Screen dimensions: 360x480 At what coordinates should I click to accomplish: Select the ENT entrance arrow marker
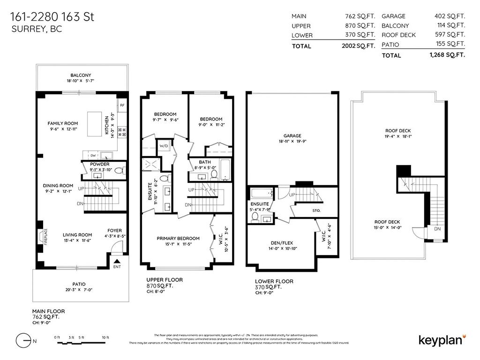tap(116, 261)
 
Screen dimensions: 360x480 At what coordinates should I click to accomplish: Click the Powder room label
tap(100, 165)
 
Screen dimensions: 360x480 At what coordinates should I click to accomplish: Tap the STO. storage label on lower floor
tap(316, 210)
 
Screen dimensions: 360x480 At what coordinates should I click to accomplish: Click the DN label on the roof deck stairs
tap(437, 229)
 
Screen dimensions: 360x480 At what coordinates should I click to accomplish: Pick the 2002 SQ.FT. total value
tap(359, 46)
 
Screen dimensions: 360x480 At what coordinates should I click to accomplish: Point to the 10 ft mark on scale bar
tap(105, 337)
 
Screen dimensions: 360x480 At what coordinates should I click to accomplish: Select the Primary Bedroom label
tap(178, 238)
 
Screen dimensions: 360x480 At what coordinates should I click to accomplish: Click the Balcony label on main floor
tap(81, 75)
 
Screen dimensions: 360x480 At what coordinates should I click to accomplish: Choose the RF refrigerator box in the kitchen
tap(122, 105)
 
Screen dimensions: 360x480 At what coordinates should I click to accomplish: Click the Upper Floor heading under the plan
tap(164, 279)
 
